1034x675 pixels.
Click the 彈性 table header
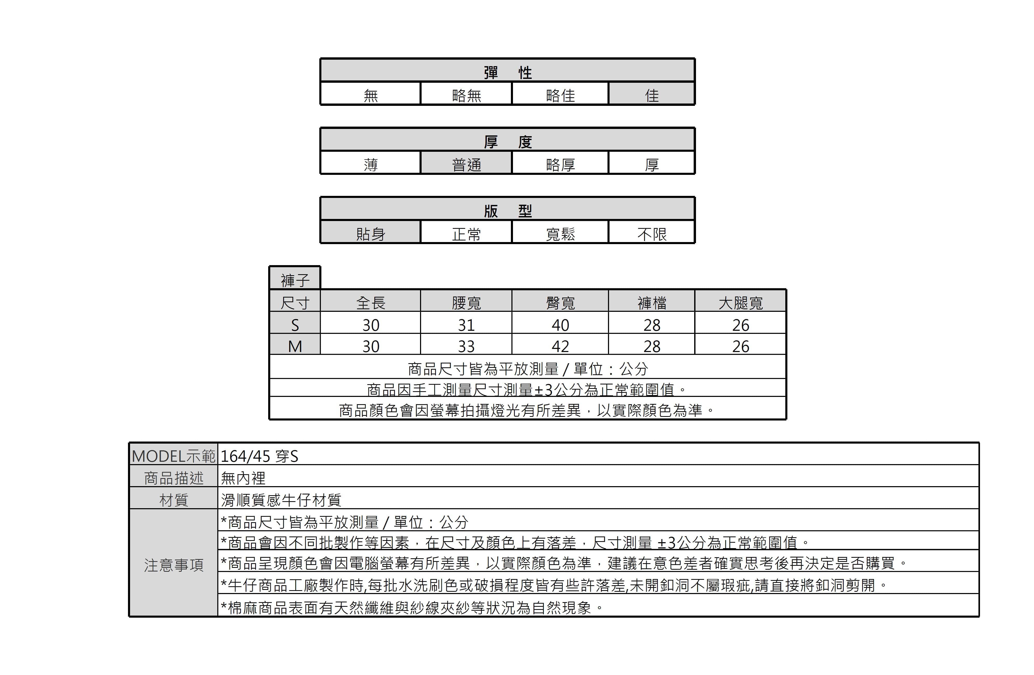(x=508, y=72)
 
